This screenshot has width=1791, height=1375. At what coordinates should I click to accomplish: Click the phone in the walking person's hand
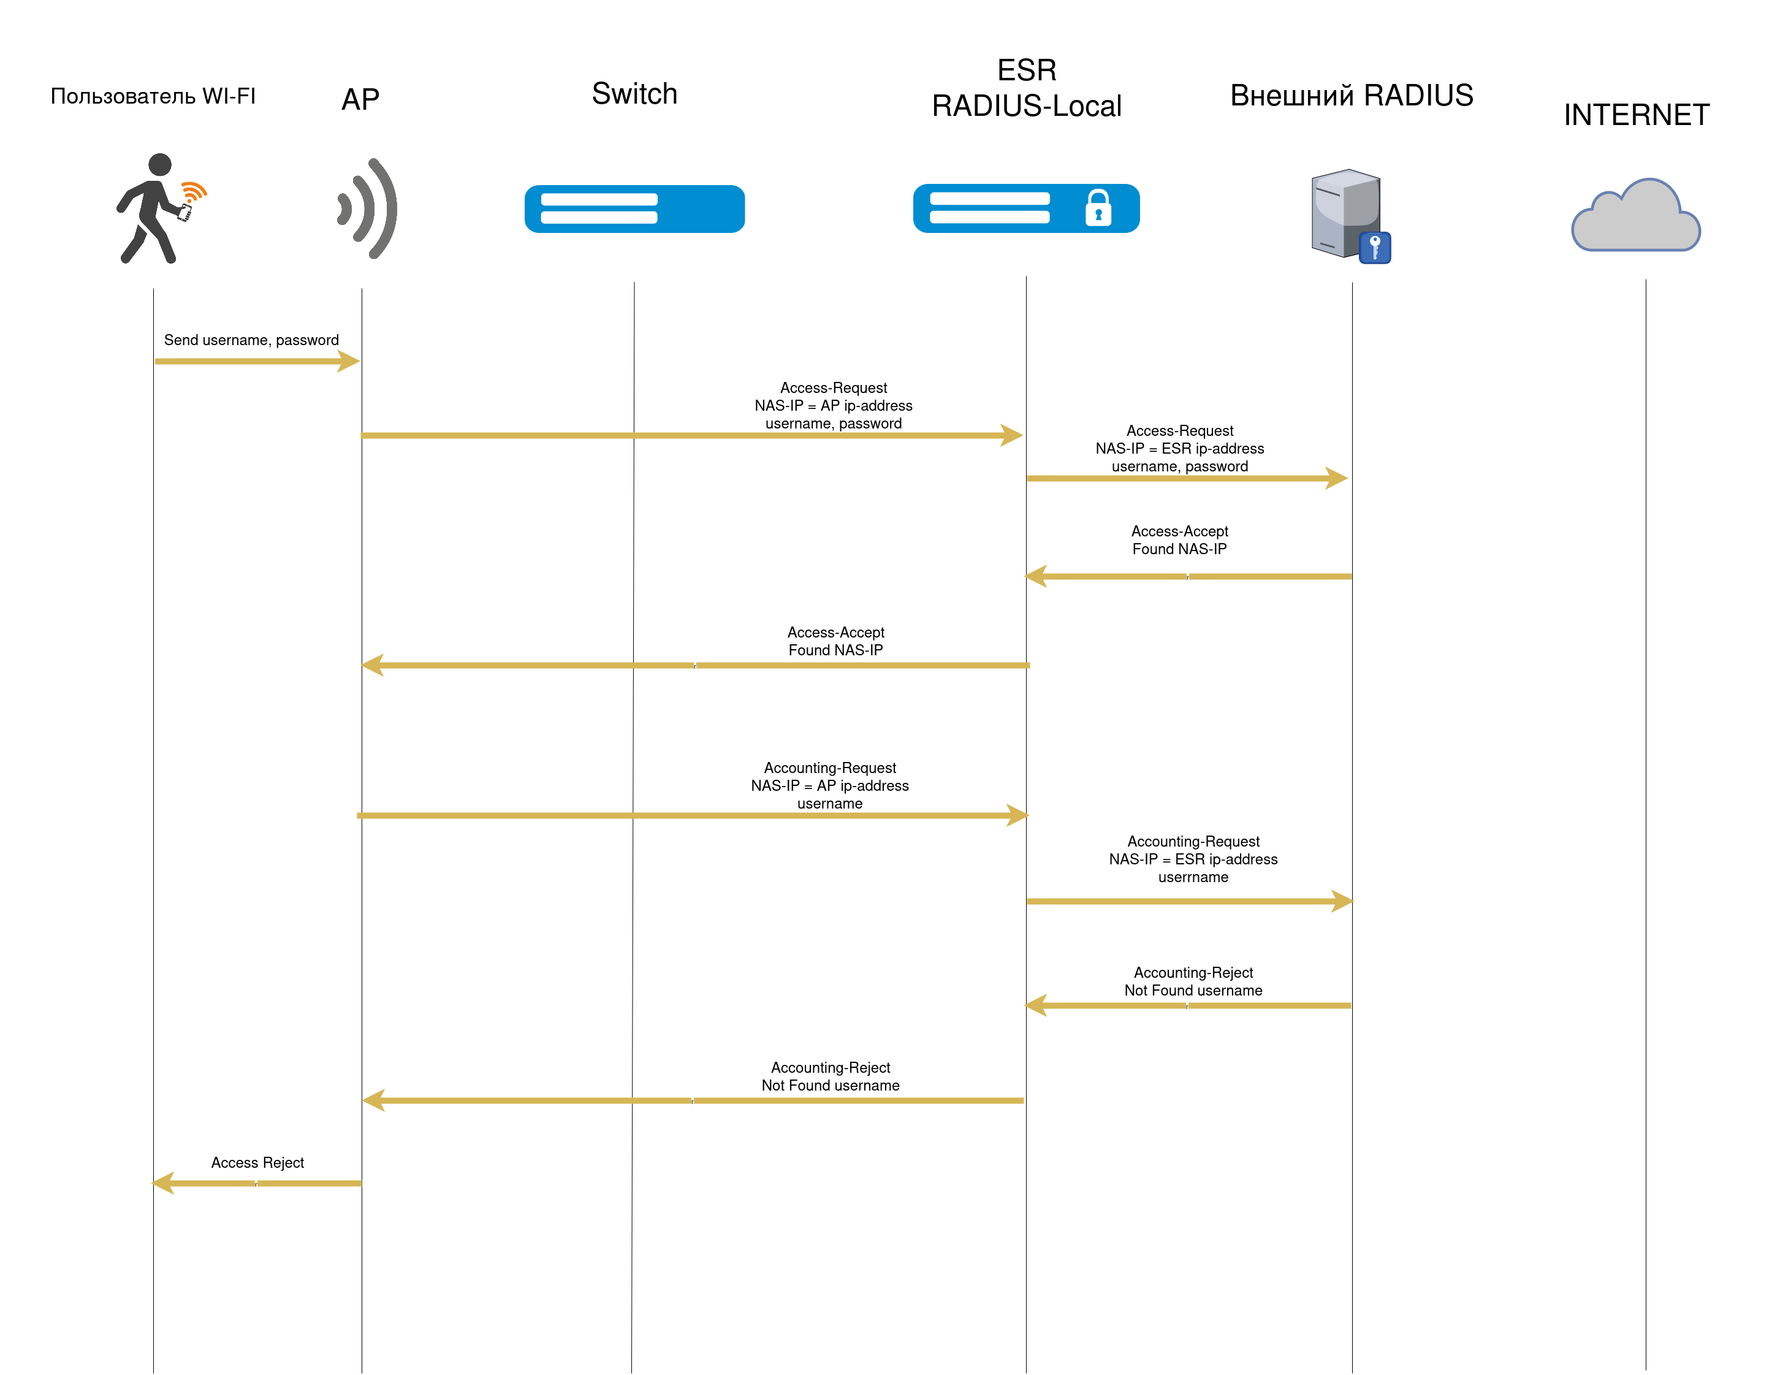tap(185, 213)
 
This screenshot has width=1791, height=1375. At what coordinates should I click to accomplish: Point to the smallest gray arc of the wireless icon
tap(345, 208)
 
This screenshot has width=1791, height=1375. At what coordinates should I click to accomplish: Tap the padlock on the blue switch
tap(1098, 208)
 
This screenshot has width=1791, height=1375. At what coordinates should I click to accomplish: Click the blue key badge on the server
tap(1375, 247)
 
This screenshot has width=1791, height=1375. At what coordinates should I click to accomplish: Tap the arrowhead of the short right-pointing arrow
tap(349, 361)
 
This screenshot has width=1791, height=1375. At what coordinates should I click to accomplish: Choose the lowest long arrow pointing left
tap(691, 1101)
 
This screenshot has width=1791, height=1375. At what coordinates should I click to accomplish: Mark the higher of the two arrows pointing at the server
tap(1187, 478)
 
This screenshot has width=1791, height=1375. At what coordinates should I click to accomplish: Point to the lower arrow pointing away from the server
tap(1187, 1005)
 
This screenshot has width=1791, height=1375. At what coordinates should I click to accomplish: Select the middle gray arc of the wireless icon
tap(365, 208)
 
